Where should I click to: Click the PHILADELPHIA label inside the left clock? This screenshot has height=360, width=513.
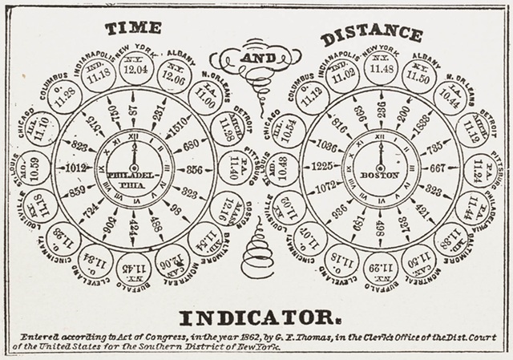(x=133, y=178)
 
